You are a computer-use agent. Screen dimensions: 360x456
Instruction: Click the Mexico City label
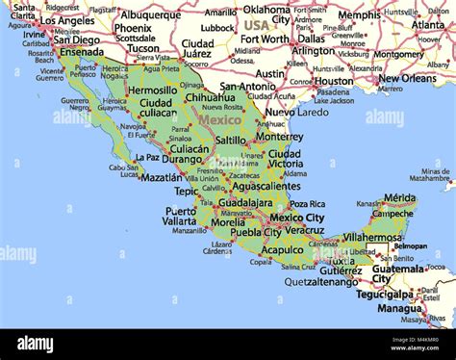pos(296,219)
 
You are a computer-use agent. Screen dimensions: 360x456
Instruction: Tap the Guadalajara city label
pos(245,204)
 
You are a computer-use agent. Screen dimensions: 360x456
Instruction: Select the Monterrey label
pos(279,137)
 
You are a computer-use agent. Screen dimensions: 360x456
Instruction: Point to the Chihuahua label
pos(210,97)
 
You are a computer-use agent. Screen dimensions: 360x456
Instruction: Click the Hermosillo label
pos(152,90)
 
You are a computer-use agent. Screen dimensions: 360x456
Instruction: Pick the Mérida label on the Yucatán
pos(399,197)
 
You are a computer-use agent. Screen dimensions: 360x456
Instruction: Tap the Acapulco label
pos(282,248)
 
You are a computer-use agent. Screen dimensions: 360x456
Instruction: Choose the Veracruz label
pos(304,231)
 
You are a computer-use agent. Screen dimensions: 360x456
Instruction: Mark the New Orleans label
pos(406,79)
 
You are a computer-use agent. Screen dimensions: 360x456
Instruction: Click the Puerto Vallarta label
pos(180,216)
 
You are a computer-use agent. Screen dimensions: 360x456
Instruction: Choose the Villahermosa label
pos(371,237)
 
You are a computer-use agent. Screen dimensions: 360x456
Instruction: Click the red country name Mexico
pos(219,121)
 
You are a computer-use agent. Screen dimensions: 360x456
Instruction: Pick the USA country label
pos(256,25)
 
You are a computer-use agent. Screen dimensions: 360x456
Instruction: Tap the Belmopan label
pos(411,245)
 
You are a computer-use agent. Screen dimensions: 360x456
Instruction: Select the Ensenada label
pos(81,53)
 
